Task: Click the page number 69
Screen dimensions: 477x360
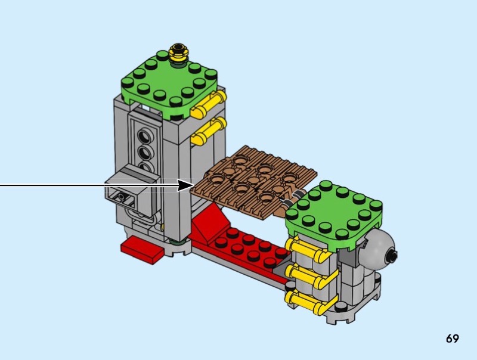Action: point(453,339)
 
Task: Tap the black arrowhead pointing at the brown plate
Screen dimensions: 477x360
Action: point(185,185)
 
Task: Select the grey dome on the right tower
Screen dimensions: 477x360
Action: point(378,247)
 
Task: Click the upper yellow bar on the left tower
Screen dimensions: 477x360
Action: point(209,104)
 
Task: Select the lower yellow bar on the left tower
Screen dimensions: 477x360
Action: point(209,131)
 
